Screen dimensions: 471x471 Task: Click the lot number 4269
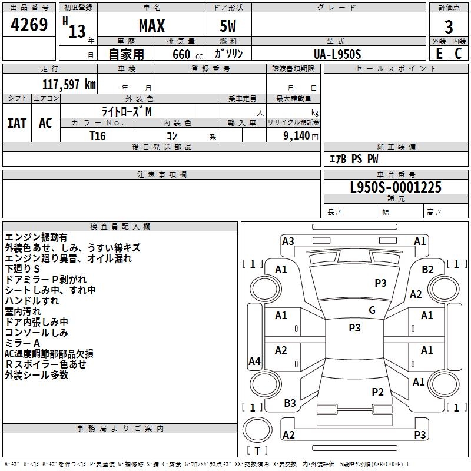click(29, 25)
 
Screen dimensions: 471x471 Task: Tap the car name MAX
click(151, 26)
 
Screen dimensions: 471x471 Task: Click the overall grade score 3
click(449, 26)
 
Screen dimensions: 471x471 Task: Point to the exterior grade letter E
click(439, 54)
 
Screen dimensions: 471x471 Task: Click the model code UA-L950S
click(337, 54)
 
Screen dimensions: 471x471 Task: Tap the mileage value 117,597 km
click(69, 85)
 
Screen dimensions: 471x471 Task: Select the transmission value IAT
click(16, 123)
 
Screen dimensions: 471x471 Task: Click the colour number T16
click(98, 135)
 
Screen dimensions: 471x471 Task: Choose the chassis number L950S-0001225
click(396, 188)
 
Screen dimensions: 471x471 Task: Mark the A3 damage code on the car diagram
click(288, 241)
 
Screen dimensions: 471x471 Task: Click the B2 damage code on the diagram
click(427, 269)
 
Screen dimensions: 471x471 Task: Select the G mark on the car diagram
click(372, 310)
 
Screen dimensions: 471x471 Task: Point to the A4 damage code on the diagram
click(254, 361)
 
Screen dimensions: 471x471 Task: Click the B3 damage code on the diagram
click(290, 403)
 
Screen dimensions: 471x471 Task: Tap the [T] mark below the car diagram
click(257, 450)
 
